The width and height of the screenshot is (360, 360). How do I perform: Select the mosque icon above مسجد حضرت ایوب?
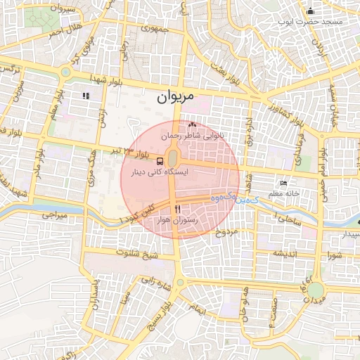(311, 11)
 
